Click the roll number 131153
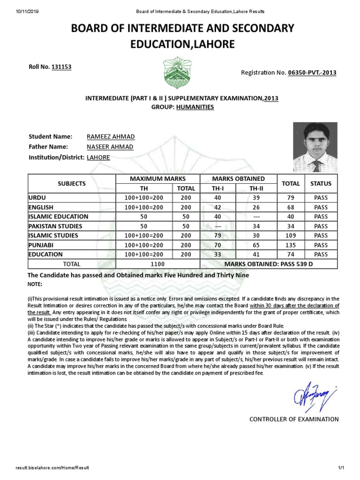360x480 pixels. click(61, 67)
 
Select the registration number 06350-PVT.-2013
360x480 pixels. click(312, 73)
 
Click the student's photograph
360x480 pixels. click(315, 147)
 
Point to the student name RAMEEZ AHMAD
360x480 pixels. click(111, 136)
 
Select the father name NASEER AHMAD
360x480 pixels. click(110, 147)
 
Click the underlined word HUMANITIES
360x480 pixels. click(195, 107)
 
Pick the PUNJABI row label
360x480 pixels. click(42, 245)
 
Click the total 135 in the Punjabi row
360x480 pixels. click(291, 245)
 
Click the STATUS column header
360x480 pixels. click(321, 183)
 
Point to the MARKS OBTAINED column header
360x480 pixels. click(238, 179)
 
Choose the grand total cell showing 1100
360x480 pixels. click(157, 264)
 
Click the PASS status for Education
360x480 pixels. click(321, 255)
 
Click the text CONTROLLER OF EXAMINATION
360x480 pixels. click(294, 419)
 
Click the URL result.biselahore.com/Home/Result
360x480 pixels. click(52, 468)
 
